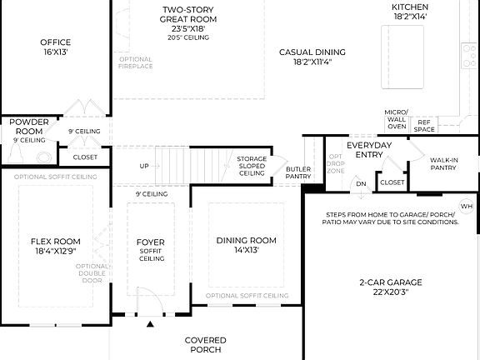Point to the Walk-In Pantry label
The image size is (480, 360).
click(x=443, y=162)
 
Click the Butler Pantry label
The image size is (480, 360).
click(x=297, y=172)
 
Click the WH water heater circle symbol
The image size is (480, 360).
click(x=466, y=206)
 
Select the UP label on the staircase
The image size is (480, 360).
click(x=144, y=166)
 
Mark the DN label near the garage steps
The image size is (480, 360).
click(x=360, y=183)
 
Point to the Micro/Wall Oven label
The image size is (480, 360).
click(x=396, y=119)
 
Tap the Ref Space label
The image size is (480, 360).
click(x=424, y=125)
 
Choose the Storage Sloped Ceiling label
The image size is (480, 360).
click(x=252, y=166)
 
